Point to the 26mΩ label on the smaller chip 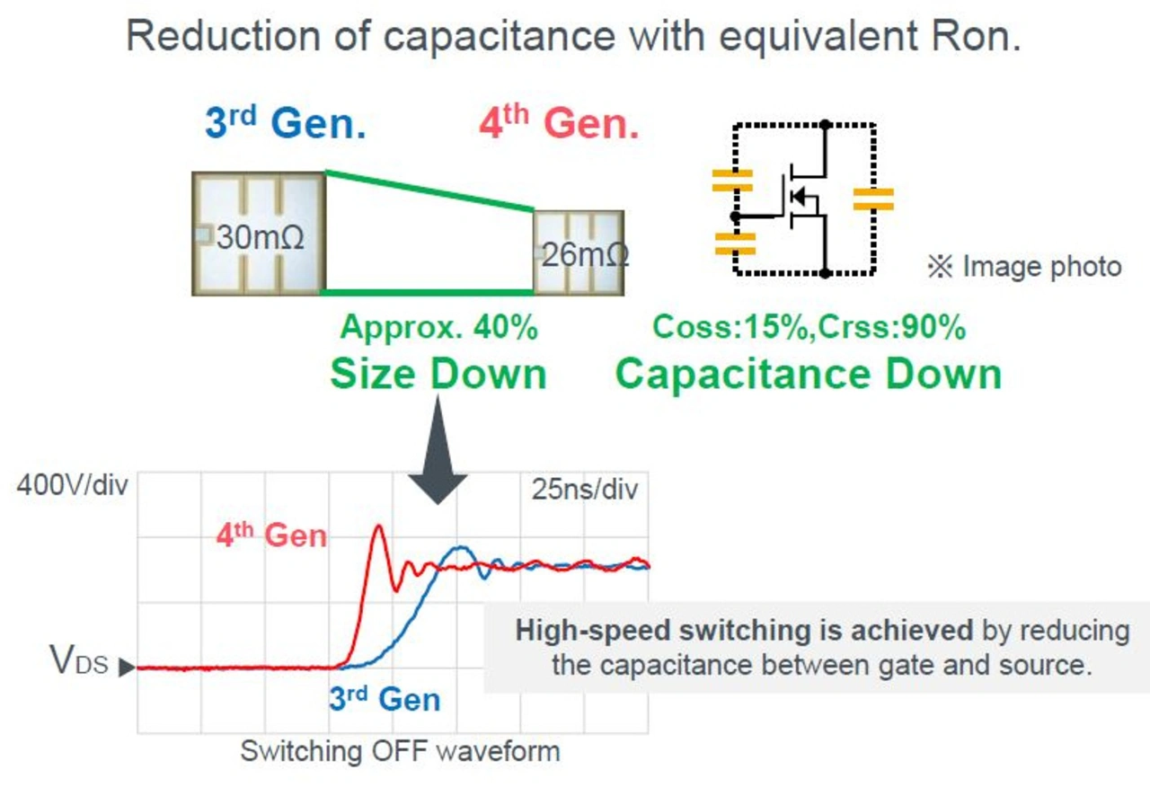pyautogui.click(x=585, y=254)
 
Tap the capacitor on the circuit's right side pyautogui.click(x=873, y=199)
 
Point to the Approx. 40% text pyautogui.click(x=438, y=328)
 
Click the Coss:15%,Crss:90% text pyautogui.click(x=809, y=328)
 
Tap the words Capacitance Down pyautogui.click(x=809, y=373)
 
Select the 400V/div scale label pyautogui.click(x=72, y=488)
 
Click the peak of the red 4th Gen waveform pyautogui.click(x=378, y=526)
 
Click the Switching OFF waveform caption pyautogui.click(x=400, y=750)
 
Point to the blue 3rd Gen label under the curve pyautogui.click(x=385, y=698)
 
